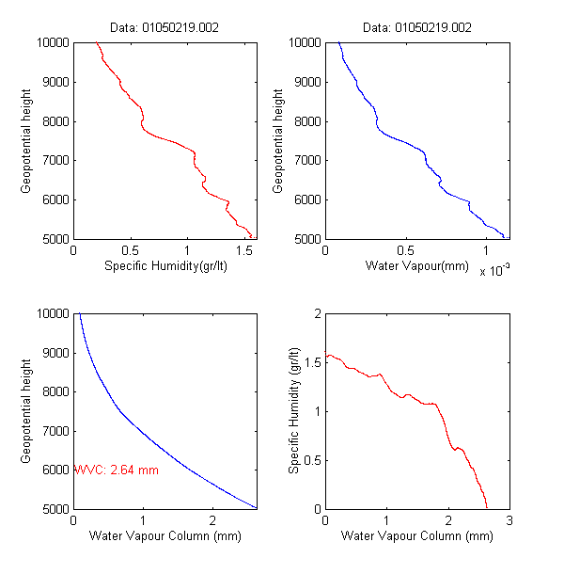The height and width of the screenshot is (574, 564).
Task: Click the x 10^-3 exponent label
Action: click(x=493, y=271)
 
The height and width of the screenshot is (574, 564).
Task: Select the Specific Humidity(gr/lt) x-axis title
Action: click(x=164, y=266)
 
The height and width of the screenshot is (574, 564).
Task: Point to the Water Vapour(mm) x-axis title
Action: click(x=416, y=266)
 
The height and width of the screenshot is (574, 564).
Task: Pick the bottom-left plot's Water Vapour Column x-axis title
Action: click(x=164, y=536)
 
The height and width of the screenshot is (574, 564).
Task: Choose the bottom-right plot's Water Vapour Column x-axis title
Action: click(x=416, y=536)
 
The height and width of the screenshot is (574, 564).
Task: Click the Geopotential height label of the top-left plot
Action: click(x=26, y=140)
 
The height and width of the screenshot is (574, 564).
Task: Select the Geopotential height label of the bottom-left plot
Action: click(x=26, y=410)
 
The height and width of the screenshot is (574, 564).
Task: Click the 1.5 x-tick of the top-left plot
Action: click(x=243, y=250)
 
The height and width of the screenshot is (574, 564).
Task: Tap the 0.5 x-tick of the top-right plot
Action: click(x=405, y=250)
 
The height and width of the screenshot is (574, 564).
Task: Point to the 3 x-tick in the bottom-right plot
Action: click(x=509, y=520)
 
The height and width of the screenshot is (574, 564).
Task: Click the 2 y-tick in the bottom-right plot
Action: click(x=317, y=313)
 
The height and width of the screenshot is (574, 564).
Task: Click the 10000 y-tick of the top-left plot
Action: click(x=52, y=42)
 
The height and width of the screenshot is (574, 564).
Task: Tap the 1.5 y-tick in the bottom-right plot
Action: click(x=311, y=362)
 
